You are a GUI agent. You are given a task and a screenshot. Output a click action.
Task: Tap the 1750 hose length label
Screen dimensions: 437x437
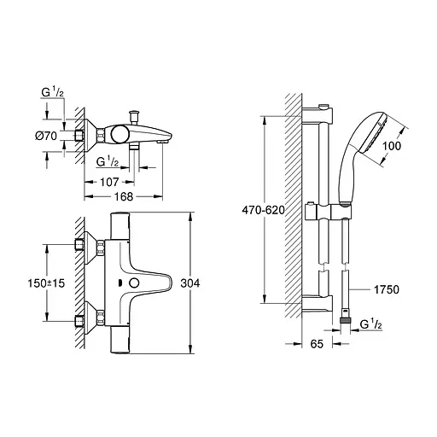(387, 289)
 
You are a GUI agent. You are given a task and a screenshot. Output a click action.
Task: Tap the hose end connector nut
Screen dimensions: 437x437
(345, 322)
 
